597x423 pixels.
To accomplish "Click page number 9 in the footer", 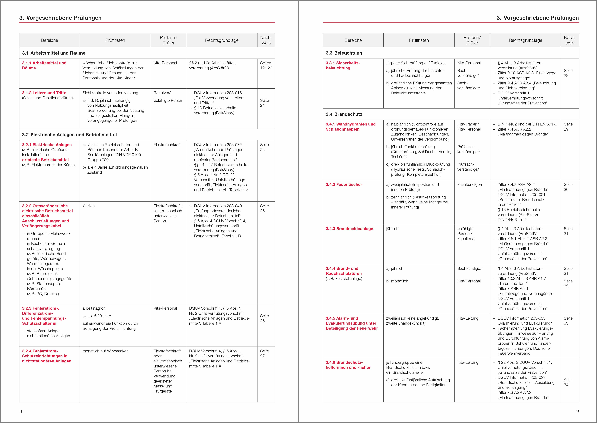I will [578, 411].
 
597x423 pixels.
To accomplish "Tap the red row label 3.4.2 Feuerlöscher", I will [344, 184].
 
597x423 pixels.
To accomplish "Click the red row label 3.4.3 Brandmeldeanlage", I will [349, 229].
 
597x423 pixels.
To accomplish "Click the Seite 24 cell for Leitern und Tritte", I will [264, 103].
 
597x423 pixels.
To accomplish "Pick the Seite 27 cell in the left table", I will [264, 354].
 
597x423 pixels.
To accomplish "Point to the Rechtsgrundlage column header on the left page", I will [221, 40].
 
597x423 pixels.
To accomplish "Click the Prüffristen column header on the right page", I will [419, 40].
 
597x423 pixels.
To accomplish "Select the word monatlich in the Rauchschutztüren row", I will [400, 281].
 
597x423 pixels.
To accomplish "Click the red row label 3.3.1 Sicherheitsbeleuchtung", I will [343, 65].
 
